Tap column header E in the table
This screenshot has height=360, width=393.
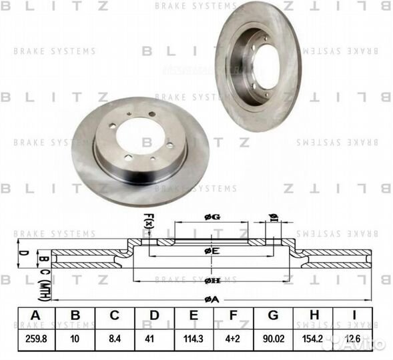tap(193, 315)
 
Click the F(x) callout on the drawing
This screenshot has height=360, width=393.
tap(148, 220)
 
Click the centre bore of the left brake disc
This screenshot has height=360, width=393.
tap(140, 138)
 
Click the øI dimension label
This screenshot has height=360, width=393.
tap(272, 217)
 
